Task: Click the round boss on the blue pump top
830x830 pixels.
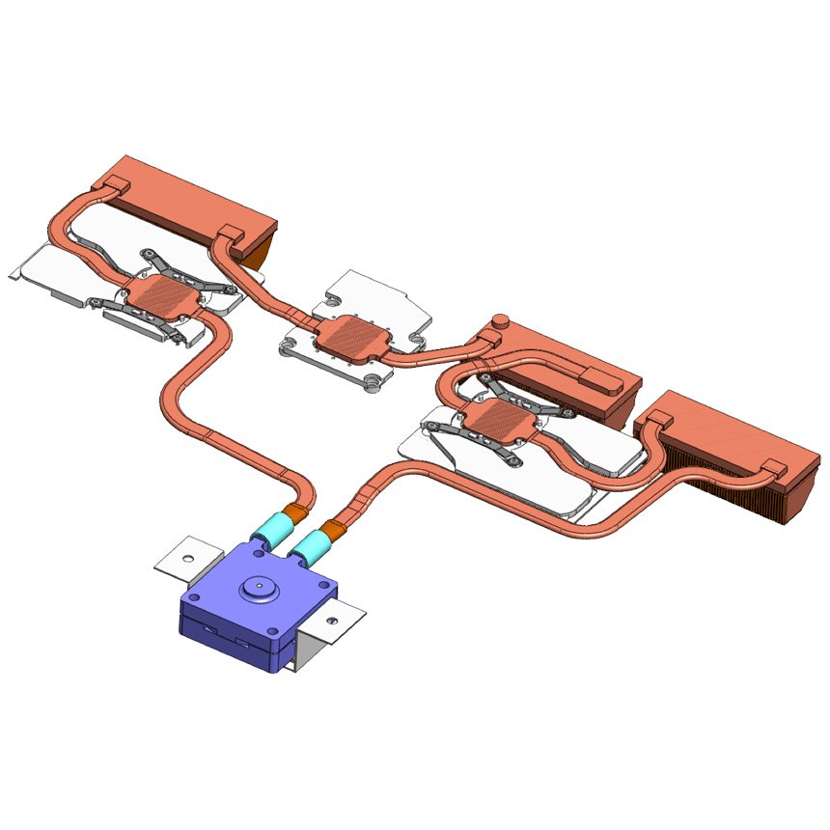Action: click(258, 585)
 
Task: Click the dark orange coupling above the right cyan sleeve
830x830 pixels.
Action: click(332, 530)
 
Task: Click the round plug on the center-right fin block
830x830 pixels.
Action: click(500, 319)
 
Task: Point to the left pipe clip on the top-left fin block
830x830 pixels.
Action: click(115, 183)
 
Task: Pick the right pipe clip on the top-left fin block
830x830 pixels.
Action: click(230, 234)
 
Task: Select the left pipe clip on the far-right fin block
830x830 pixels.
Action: click(657, 419)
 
